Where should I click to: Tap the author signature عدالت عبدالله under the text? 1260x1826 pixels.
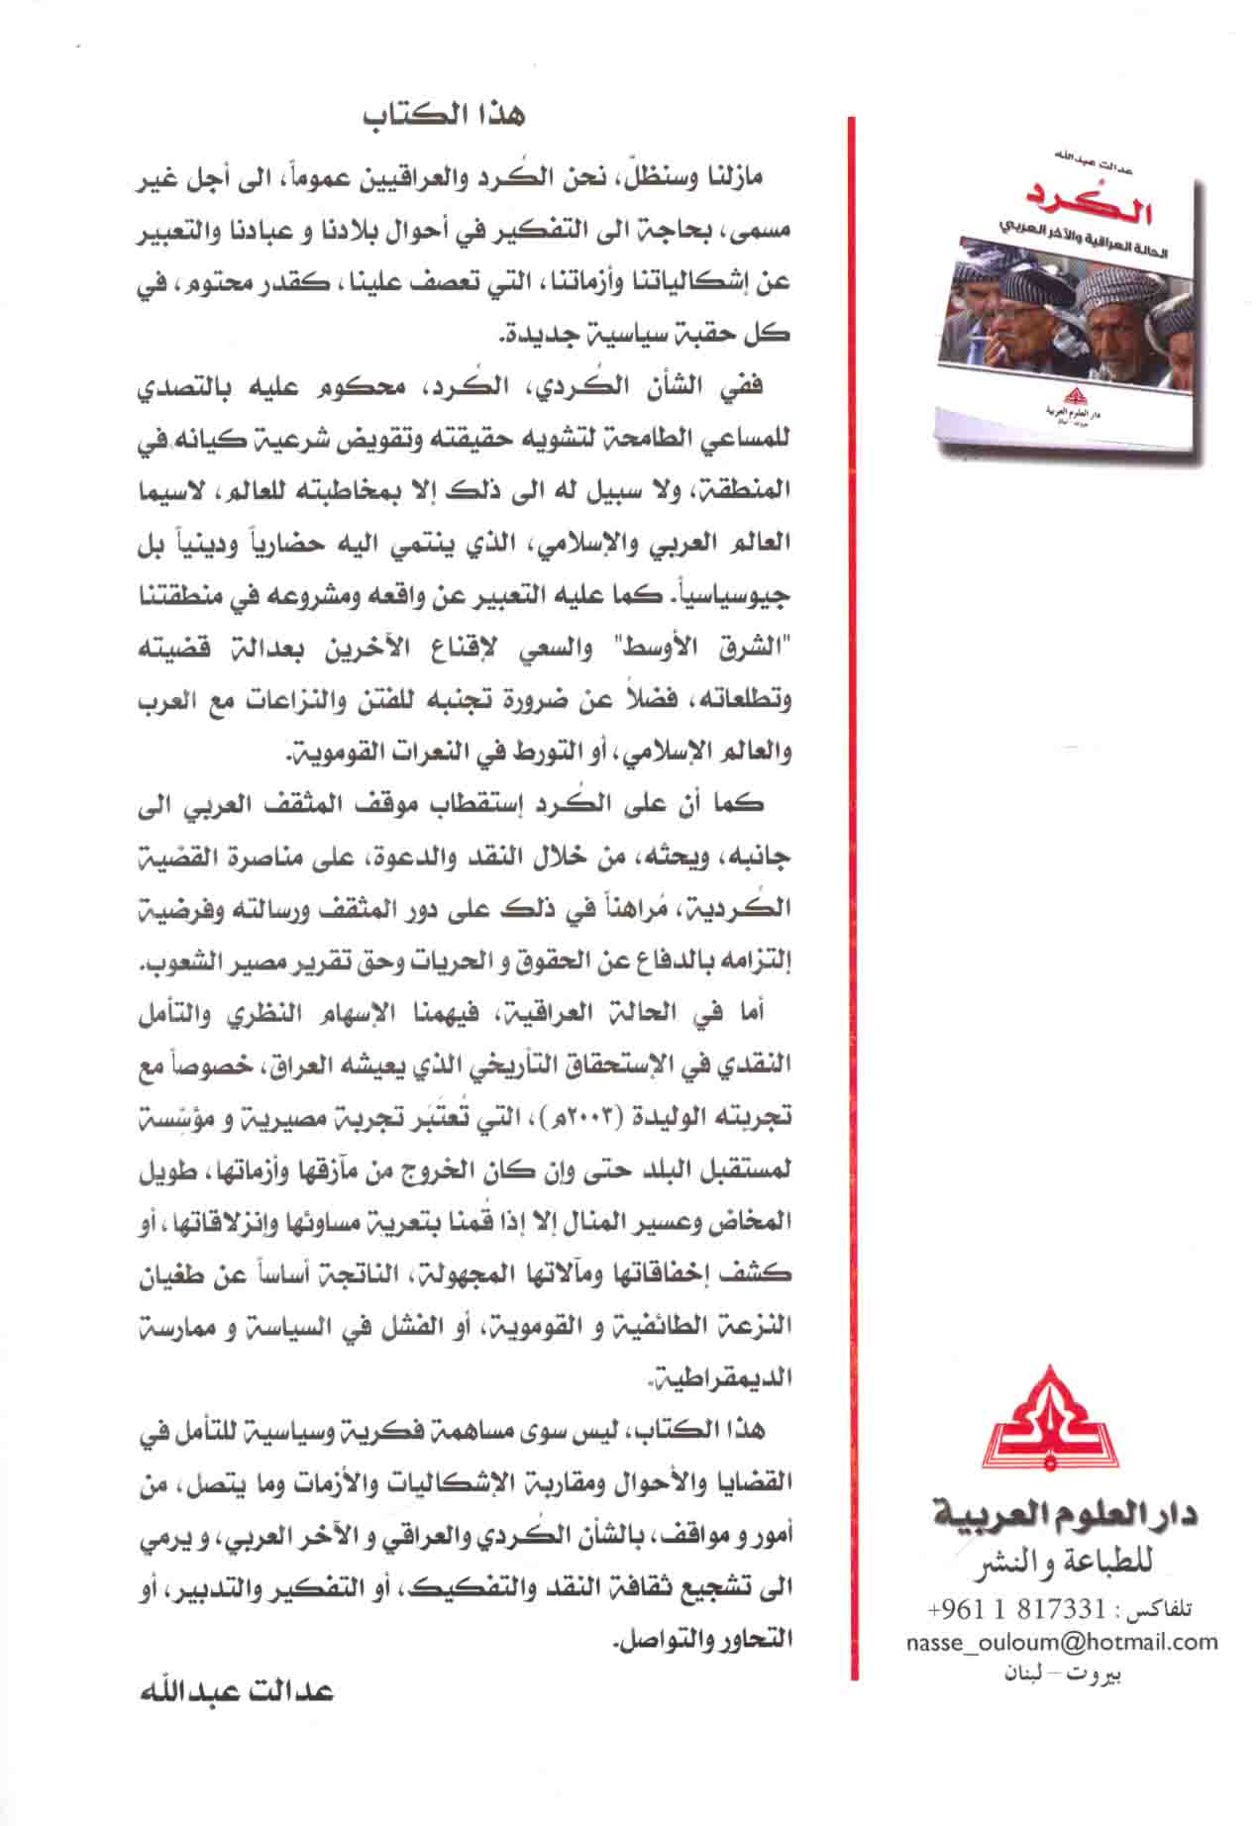[x=238, y=1689]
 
